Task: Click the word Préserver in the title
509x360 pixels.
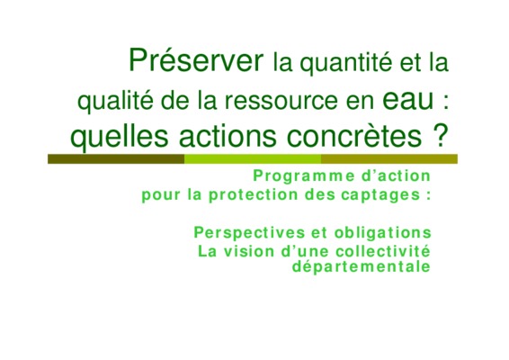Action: point(196,59)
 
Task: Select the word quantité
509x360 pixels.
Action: point(345,63)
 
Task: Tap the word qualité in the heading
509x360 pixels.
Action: point(116,101)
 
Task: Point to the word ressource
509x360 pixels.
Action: point(281,101)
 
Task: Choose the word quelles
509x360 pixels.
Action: point(120,136)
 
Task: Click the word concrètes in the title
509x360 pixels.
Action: point(354,136)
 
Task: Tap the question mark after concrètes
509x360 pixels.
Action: point(440,135)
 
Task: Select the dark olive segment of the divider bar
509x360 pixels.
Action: point(116,159)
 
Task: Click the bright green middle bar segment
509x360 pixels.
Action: point(253,159)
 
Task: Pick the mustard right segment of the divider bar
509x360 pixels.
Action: point(389,159)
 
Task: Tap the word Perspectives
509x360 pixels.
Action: point(250,233)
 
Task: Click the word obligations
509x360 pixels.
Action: point(383,233)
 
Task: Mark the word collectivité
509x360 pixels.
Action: point(383,251)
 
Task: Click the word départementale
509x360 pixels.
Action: point(362,266)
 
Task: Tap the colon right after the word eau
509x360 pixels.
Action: point(445,102)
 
